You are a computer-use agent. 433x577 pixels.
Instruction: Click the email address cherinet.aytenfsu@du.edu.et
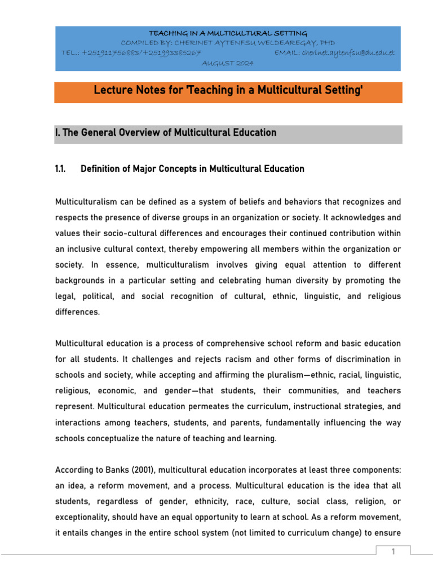348,53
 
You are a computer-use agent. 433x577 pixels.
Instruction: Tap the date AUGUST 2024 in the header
228,63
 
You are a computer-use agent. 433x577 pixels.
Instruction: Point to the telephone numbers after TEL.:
142,53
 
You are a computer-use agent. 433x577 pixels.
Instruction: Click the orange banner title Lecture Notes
228,91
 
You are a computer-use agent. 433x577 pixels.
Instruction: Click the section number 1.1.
61,169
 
